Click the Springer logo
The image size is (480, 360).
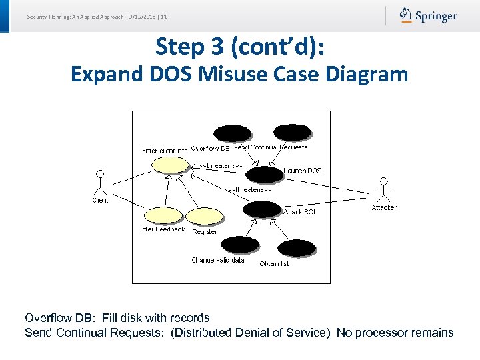(x=428, y=15)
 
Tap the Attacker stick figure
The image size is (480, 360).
(x=383, y=189)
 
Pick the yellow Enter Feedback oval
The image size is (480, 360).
(x=162, y=215)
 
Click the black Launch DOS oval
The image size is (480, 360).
(x=264, y=175)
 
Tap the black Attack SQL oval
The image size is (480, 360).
(x=262, y=209)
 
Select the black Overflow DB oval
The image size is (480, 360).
(x=232, y=133)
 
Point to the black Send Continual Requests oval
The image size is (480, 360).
(x=292, y=133)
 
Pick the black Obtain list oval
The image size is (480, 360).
(x=297, y=249)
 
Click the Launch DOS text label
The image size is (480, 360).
(x=303, y=171)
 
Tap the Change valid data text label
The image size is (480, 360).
(x=218, y=260)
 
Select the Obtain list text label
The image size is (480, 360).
(x=274, y=264)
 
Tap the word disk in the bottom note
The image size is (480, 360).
(x=141, y=318)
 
